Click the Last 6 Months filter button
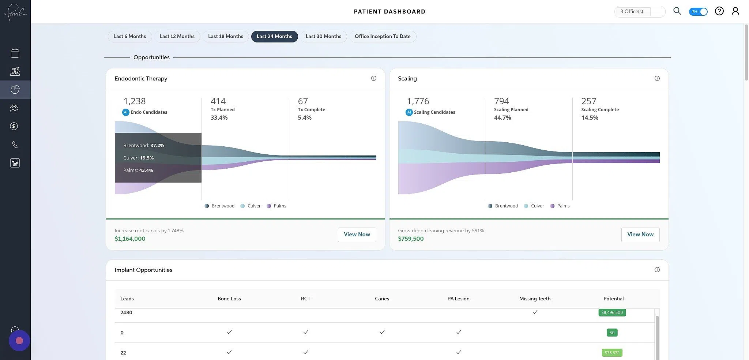click(x=129, y=36)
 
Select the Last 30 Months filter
click(x=323, y=36)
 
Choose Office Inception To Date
click(x=382, y=36)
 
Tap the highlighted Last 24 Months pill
click(x=274, y=36)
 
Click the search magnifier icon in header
click(x=677, y=11)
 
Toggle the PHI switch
click(x=698, y=11)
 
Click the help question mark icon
click(x=719, y=11)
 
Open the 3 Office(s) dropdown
click(x=639, y=11)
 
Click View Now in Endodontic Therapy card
click(x=357, y=235)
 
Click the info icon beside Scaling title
click(x=657, y=78)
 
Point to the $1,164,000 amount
click(x=130, y=239)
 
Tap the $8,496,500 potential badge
click(x=612, y=312)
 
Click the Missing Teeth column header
click(x=534, y=299)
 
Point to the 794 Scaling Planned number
click(x=501, y=101)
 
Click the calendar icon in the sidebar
click(x=15, y=53)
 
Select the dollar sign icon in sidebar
click(x=14, y=126)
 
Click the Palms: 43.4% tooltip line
click(x=138, y=170)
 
